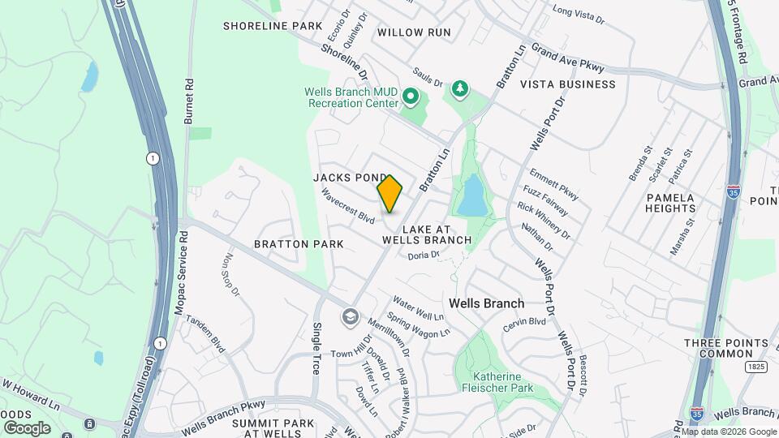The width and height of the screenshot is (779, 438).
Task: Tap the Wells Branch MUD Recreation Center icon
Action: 411,98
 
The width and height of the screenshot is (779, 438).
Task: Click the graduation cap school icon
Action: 350,316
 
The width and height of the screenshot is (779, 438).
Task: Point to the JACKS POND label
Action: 348,177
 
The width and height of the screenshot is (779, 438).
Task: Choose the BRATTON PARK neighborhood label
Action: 299,243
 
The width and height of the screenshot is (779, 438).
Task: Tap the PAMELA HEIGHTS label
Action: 670,203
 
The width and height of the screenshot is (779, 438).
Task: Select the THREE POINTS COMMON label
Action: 719,348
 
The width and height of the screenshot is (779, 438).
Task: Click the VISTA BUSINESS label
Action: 567,84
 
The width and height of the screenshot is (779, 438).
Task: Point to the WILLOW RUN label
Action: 414,32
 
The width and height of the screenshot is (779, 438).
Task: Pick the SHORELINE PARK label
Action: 273,26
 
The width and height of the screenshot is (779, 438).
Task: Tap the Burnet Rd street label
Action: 189,101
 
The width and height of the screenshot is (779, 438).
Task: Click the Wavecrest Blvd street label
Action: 347,207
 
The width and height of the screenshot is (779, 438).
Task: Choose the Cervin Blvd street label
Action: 524,321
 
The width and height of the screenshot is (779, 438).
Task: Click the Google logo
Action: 27,427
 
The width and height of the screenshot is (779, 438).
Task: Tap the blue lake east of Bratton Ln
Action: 471,195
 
